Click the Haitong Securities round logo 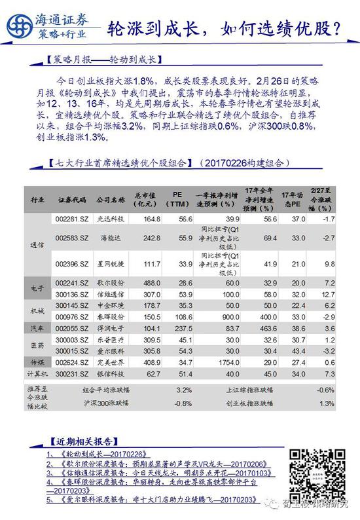(18, 26)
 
